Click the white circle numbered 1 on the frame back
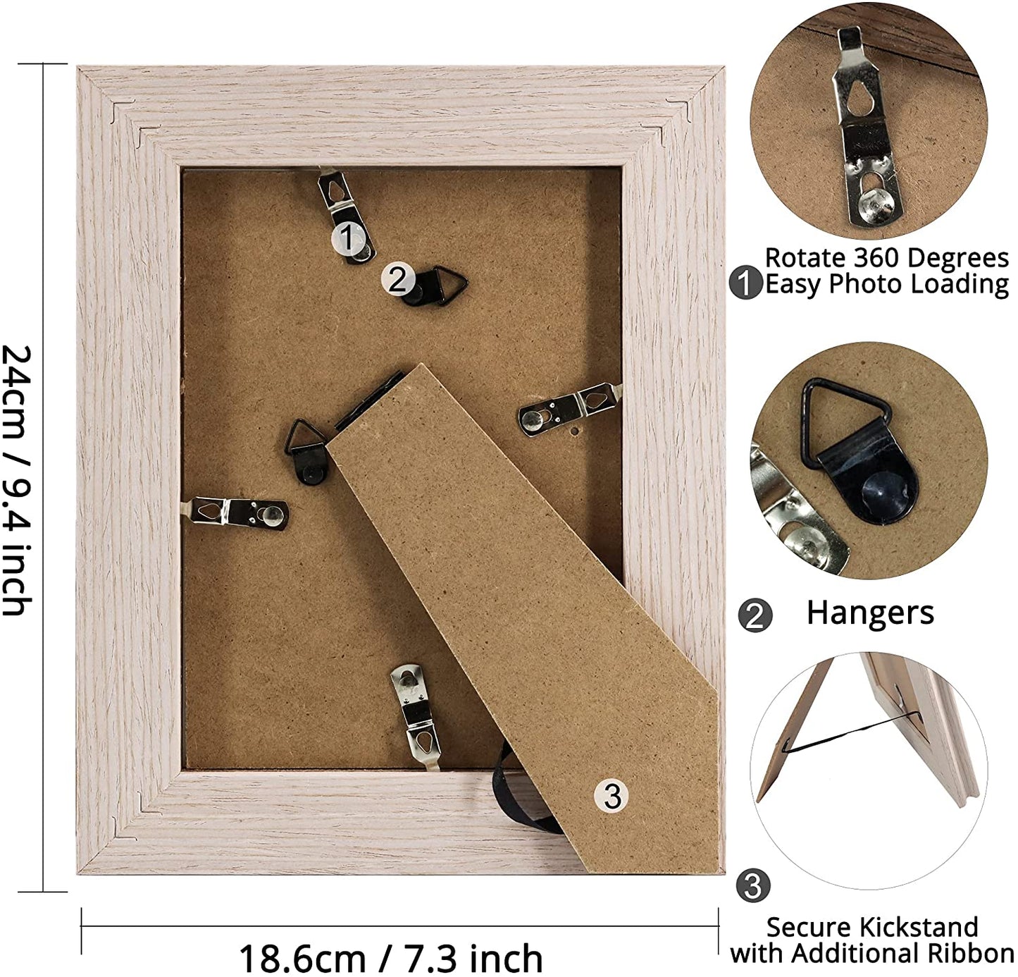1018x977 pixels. coord(347,238)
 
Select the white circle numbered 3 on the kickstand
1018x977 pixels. coord(612,797)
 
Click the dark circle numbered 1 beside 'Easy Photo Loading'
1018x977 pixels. coord(746,283)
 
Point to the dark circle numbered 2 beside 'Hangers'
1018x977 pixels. coord(755,615)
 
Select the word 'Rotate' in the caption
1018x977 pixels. coord(806,258)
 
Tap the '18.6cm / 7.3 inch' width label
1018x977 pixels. coord(391,958)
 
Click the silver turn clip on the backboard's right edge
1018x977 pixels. coord(571,408)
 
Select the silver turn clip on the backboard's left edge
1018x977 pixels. coord(235,513)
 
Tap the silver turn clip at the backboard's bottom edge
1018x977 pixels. coord(417,715)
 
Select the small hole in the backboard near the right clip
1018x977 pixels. coord(575,432)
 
